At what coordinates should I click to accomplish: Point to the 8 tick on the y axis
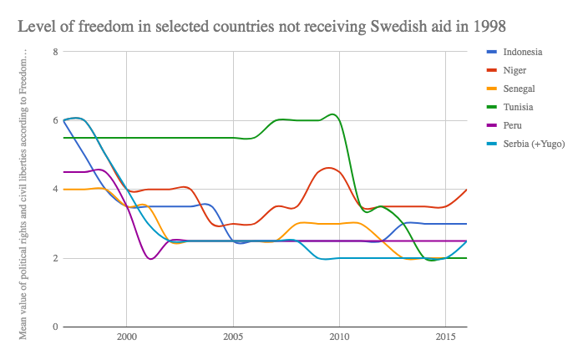point(54,52)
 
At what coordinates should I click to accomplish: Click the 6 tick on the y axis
point(54,120)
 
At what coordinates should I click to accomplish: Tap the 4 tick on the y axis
point(54,190)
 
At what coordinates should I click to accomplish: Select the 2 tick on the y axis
point(54,258)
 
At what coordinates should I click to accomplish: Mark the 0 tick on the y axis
point(54,327)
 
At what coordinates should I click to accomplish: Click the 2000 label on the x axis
point(126,340)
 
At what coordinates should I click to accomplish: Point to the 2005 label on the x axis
point(232,340)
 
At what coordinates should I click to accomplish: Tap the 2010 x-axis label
point(338,340)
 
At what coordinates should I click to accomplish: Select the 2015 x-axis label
point(444,340)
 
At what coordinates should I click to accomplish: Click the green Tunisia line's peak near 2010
point(333,114)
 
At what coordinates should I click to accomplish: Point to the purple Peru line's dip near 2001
point(150,259)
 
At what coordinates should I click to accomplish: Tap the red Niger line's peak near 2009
point(329,168)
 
